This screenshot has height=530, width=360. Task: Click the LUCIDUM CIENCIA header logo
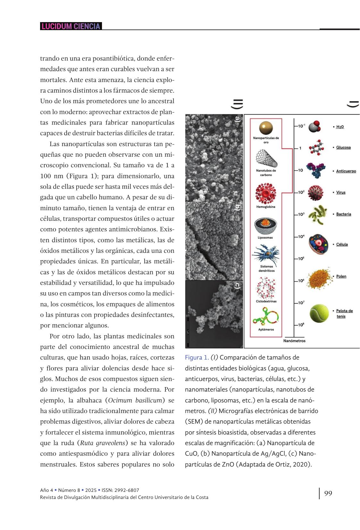coord(71,26)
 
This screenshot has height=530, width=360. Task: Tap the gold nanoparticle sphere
coord(266,128)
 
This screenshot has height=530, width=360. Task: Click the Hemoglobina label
coord(266,207)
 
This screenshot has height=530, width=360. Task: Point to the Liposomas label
coord(265,238)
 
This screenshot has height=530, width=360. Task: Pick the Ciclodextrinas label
coord(266,301)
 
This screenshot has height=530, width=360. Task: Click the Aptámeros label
coord(266,329)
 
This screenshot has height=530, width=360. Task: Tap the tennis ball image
coord(319,313)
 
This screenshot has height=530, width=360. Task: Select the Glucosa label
coord(343,147)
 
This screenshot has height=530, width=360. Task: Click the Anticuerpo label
coord(346,171)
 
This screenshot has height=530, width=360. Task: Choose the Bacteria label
coord(343,214)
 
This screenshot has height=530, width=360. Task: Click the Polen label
coord(341,276)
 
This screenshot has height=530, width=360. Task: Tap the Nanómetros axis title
coord(294,341)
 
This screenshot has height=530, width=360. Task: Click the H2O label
coord(340,127)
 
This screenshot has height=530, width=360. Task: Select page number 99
coord(328,493)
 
